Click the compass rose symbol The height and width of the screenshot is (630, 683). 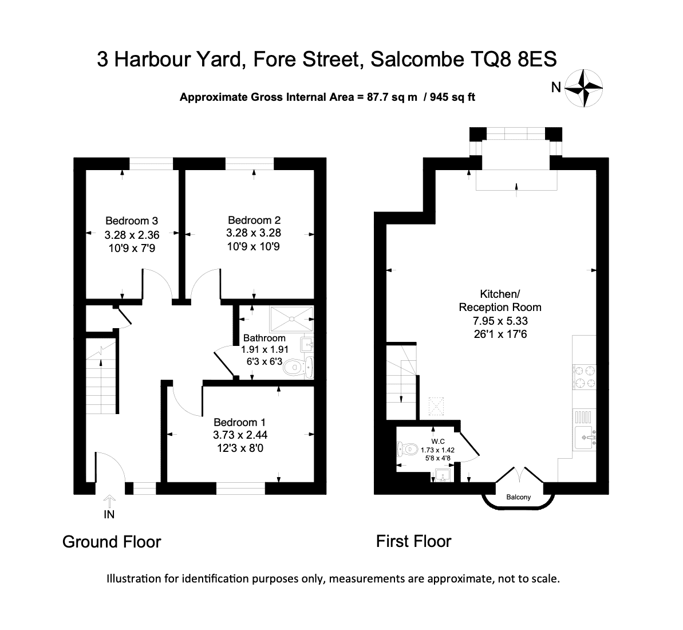tap(584, 88)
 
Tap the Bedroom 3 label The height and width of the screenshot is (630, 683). tap(132, 221)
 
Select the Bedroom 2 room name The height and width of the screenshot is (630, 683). tap(254, 220)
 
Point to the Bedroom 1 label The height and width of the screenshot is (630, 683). tap(239, 422)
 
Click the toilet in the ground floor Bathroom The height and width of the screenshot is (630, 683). tap(298, 367)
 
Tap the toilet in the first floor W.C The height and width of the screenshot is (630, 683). tap(407, 449)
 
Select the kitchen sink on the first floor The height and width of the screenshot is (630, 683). tap(585, 437)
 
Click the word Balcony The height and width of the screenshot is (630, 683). tap(518, 497)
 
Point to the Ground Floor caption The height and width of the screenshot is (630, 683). tap(112, 542)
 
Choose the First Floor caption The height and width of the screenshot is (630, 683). tap(413, 542)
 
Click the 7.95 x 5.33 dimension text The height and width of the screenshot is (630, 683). tap(500, 321)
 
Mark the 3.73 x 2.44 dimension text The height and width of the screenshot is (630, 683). tap(240, 435)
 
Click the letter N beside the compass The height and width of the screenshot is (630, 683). tap(556, 88)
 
